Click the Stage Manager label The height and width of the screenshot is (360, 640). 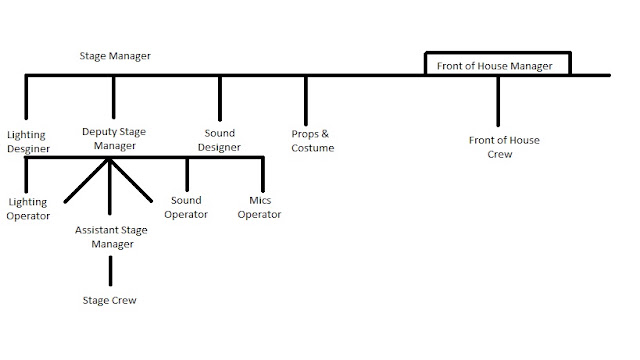click(x=115, y=56)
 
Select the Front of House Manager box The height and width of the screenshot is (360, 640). click(x=498, y=53)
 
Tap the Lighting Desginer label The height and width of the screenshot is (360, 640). click(x=28, y=142)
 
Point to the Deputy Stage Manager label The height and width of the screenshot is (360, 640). click(x=114, y=138)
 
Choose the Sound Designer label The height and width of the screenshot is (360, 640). click(x=219, y=140)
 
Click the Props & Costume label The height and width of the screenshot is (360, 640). click(x=313, y=141)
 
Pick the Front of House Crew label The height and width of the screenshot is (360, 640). click(x=504, y=147)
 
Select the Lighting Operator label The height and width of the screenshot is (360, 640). click(x=28, y=209)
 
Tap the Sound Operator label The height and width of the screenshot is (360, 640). click(x=186, y=207)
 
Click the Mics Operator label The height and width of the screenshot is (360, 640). click(x=259, y=207)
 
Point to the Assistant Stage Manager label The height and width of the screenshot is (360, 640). click(x=111, y=237)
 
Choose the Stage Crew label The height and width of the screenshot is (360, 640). click(x=109, y=300)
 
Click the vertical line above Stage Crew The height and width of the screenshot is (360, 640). click(x=110, y=271)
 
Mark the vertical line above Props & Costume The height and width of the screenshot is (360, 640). click(x=306, y=100)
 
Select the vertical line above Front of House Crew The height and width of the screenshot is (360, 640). click(x=498, y=101)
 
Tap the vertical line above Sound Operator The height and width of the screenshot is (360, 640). click(x=187, y=174)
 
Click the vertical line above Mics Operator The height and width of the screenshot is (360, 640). click(x=263, y=174)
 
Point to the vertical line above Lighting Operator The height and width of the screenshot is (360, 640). click(x=26, y=175)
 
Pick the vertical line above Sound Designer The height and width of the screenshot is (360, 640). click(x=220, y=98)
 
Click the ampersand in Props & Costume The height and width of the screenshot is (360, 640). click(x=325, y=134)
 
